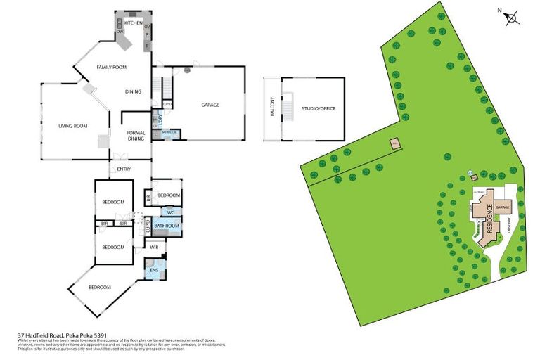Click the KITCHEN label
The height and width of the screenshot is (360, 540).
click(x=134, y=23)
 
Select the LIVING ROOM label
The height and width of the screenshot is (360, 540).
click(x=72, y=126)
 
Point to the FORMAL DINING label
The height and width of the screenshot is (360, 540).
click(x=135, y=136)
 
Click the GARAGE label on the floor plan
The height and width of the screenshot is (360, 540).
click(x=210, y=105)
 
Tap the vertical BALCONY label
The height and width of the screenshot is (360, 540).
click(x=272, y=109)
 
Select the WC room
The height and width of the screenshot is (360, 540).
click(x=170, y=211)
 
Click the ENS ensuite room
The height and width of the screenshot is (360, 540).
click(x=154, y=269)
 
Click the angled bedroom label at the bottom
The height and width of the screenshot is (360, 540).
click(x=100, y=287)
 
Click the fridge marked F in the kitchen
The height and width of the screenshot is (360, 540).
click(x=147, y=46)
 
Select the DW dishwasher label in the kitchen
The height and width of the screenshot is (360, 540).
click(x=120, y=32)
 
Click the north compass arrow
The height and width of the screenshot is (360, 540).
click(x=512, y=18)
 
